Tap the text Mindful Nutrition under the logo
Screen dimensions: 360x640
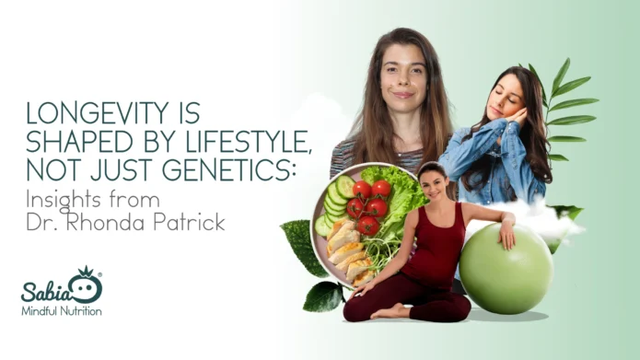62,311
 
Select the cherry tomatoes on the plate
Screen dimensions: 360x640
367,207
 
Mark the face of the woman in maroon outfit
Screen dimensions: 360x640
431,183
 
